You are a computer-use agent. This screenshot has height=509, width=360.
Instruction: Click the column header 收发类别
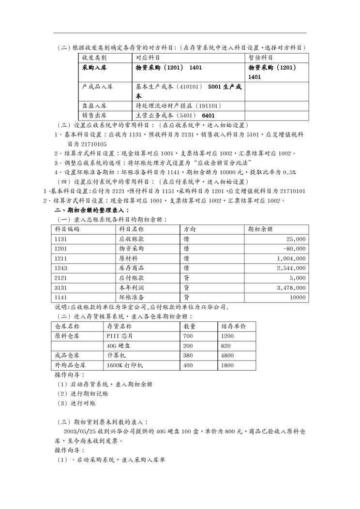pyautogui.click(x=95, y=58)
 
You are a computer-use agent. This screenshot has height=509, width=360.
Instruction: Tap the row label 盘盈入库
pyautogui.click(x=95, y=105)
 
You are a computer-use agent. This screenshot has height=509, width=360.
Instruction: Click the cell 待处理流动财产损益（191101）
pyautogui.click(x=178, y=105)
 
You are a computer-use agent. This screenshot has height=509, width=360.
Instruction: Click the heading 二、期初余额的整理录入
pyautogui.click(x=91, y=210)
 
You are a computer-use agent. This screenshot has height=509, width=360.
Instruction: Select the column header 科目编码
pyautogui.click(x=67, y=229)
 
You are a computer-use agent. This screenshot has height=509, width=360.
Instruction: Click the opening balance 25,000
pyautogui.click(x=295, y=239)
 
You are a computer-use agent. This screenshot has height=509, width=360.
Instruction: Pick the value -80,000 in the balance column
pyautogui.click(x=294, y=249)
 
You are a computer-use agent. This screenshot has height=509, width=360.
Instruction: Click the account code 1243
pyautogui.click(x=61, y=268)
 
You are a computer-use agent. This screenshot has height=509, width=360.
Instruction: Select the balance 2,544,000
pyautogui.click(x=291, y=268)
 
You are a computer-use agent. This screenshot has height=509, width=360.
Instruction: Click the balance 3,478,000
pyautogui.click(x=291, y=287)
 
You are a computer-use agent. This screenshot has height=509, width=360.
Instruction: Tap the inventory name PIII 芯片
pyautogui.click(x=119, y=336)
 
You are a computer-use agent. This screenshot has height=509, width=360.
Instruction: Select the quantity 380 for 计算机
pyautogui.click(x=189, y=356)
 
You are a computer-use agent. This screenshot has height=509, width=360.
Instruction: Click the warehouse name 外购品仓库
pyautogui.click(x=70, y=365)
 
